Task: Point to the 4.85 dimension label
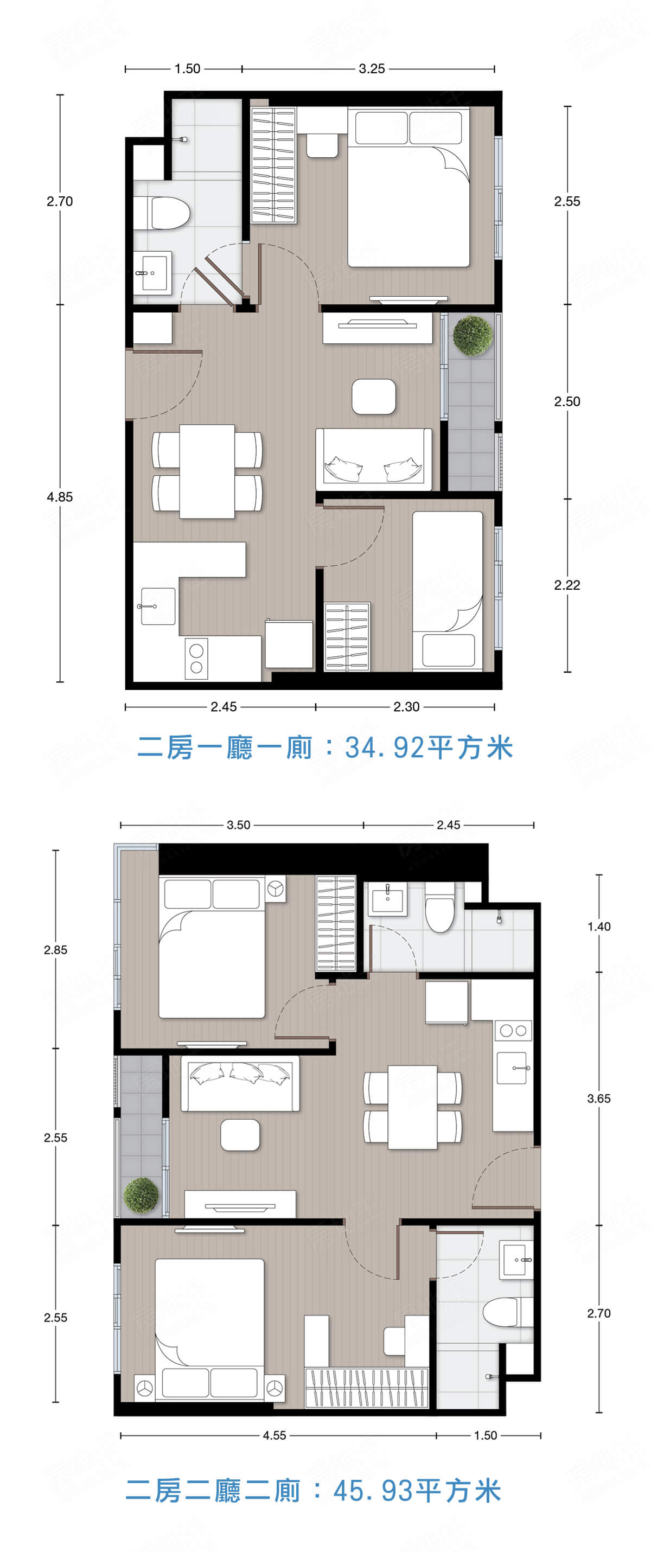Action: (x=60, y=497)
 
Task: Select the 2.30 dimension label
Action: (x=406, y=707)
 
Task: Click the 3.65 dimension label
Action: (x=598, y=1098)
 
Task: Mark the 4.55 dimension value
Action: (x=275, y=1436)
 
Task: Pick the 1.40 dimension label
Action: (x=598, y=927)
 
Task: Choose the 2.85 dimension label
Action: (x=55, y=950)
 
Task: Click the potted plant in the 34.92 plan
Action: (x=473, y=335)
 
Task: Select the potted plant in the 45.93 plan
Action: (x=142, y=1196)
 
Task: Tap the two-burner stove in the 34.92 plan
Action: (x=196, y=659)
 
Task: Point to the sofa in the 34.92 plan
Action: (x=374, y=459)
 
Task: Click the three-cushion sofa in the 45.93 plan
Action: (x=240, y=1083)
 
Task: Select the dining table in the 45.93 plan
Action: (x=412, y=1107)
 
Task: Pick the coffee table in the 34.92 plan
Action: (x=374, y=397)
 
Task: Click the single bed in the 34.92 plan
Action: (x=447, y=590)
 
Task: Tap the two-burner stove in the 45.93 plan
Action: (x=513, y=1031)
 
